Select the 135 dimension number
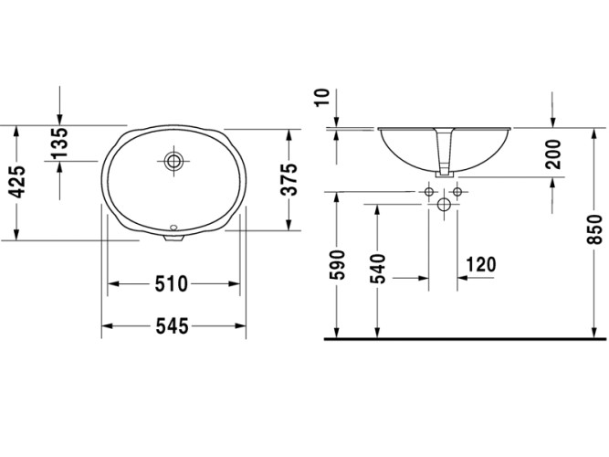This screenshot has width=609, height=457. point(59,143)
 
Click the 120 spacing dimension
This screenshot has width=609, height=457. point(480,265)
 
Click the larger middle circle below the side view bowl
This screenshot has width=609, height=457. point(444,204)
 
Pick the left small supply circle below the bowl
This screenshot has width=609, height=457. point(428,192)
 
